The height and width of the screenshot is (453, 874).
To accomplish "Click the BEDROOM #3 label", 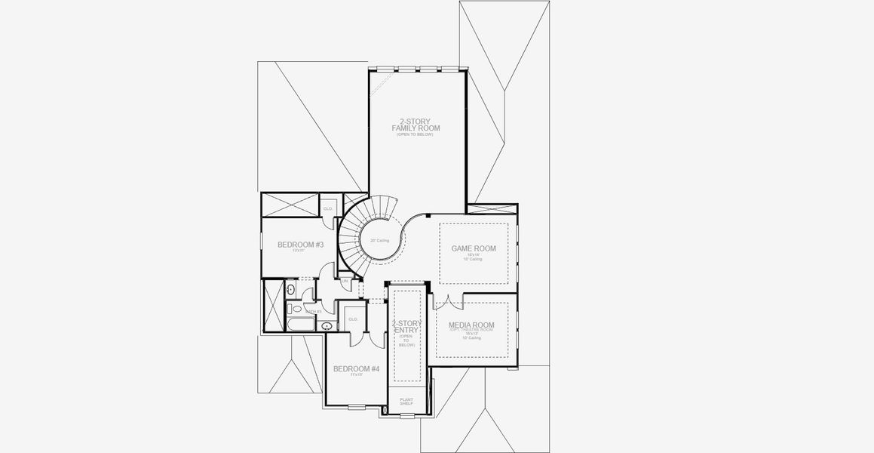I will click(x=300, y=245).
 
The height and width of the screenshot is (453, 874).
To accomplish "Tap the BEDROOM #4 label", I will click(x=356, y=368).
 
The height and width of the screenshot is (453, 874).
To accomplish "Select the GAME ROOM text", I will click(x=473, y=248).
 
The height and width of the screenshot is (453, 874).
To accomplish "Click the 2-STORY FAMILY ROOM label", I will click(x=416, y=125).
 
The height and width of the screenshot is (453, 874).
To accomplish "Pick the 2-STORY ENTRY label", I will click(x=406, y=327).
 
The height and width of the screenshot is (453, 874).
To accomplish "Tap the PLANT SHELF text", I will click(x=406, y=402).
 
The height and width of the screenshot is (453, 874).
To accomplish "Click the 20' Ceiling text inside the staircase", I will click(x=379, y=240).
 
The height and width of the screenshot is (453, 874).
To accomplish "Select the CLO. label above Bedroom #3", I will click(x=328, y=208).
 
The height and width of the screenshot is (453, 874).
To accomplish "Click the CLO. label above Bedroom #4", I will click(x=353, y=319).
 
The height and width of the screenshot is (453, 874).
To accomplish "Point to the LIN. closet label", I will click(x=345, y=281).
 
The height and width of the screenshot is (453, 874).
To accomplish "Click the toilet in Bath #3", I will click(x=296, y=309).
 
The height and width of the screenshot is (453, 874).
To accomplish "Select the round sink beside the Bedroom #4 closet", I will click(x=326, y=326).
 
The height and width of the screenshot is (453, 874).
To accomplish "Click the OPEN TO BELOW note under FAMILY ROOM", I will click(x=416, y=134).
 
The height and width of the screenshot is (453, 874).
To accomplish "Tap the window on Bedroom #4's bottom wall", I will click(x=355, y=407).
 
